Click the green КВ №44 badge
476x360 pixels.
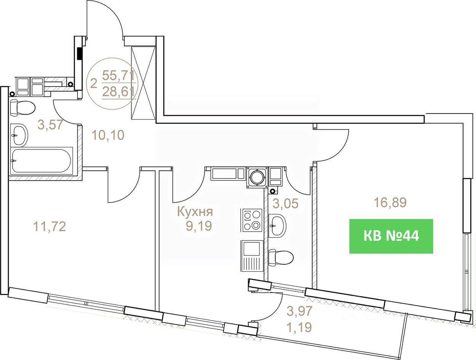click(391, 236)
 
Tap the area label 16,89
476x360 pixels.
click(390, 203)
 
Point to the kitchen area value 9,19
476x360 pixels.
click(199, 226)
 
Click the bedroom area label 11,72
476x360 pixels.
click(50, 227)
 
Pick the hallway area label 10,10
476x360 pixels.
click(108, 135)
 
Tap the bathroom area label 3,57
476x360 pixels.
click(50, 125)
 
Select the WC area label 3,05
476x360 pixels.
click(286, 203)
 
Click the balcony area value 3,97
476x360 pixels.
click(299, 311)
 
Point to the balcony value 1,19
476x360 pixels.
click(299, 327)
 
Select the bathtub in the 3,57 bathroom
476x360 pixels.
click(42, 160)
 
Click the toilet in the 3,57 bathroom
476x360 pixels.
click(22, 108)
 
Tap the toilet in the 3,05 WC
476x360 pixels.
click(281, 258)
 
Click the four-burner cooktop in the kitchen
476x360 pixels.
click(252, 220)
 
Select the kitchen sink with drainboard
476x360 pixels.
click(252, 256)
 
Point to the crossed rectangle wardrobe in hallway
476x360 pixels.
click(144, 83)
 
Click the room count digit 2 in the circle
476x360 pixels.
click(93, 83)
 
